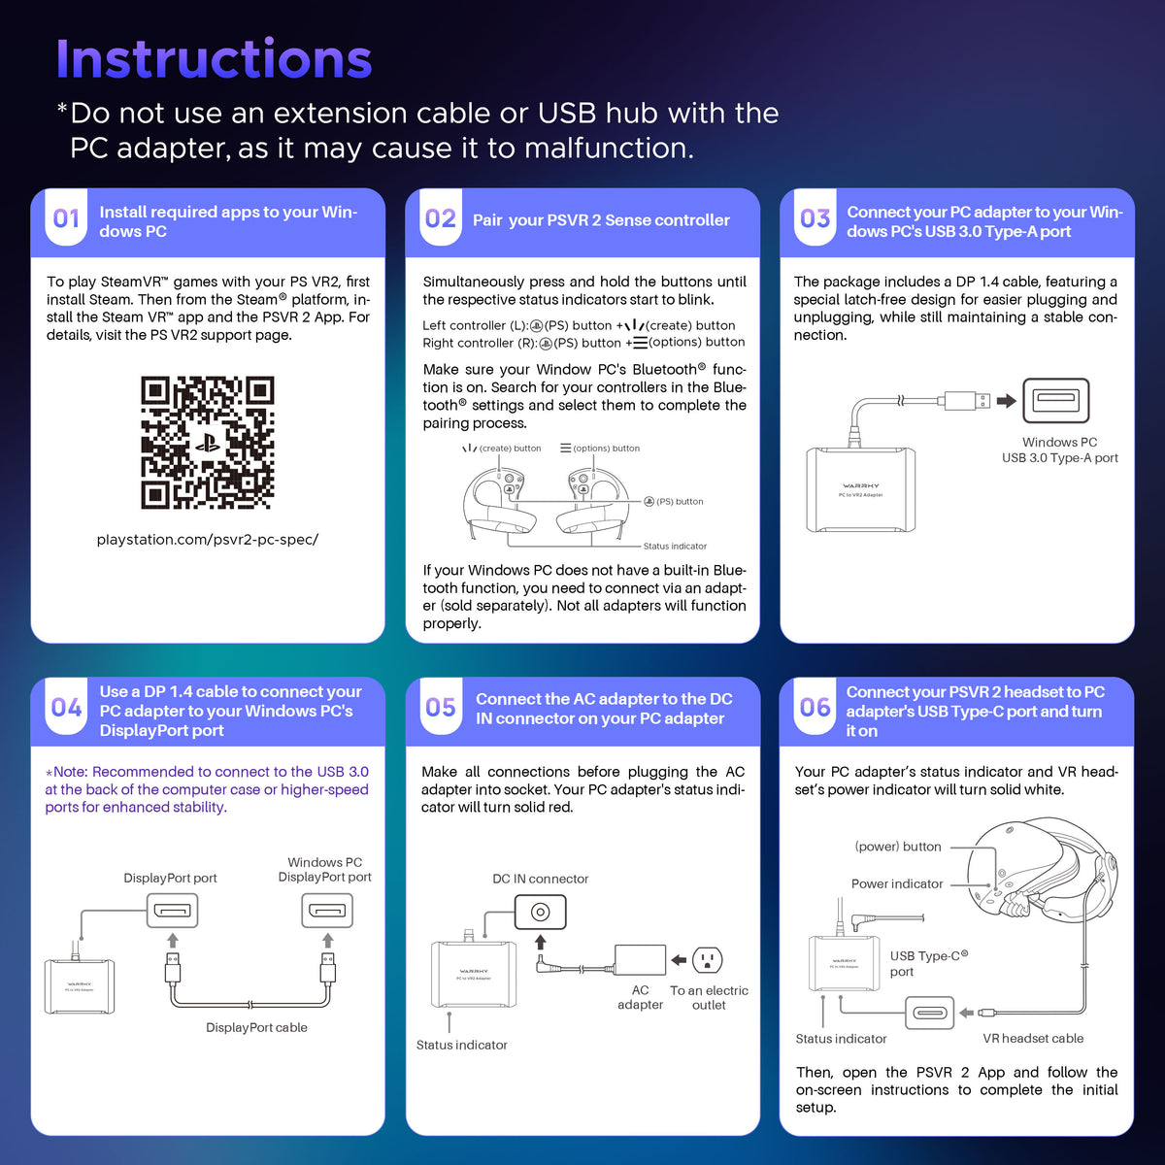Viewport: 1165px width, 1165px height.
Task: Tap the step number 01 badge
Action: [66, 217]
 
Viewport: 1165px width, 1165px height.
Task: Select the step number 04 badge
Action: [66, 707]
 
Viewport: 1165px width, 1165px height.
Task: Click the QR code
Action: [208, 443]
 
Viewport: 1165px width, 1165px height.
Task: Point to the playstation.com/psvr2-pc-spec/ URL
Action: [208, 539]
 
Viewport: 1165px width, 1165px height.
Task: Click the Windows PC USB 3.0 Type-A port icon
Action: [1055, 400]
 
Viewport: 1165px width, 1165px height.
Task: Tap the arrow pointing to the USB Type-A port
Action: [1007, 400]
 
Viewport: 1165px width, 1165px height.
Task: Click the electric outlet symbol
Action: [707, 959]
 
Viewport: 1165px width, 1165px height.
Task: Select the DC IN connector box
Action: [540, 912]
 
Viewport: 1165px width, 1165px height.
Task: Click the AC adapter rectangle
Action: [640, 960]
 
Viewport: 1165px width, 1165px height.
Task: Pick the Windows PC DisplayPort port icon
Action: [327, 911]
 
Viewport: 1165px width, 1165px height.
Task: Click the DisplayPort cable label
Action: [256, 1027]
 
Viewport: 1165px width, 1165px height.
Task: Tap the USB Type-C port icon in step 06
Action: [929, 1013]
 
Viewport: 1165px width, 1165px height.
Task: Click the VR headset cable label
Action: [1033, 1038]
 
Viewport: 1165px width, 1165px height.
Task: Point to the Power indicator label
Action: [897, 883]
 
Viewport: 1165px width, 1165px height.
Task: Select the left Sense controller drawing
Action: [499, 501]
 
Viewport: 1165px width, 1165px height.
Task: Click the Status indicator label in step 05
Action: [461, 1045]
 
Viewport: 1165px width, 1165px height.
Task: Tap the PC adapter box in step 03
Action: [860, 489]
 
